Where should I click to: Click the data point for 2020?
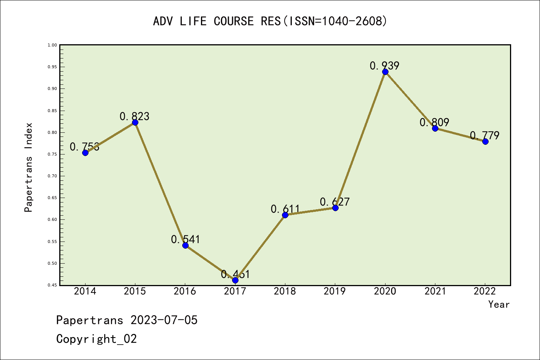[385, 72]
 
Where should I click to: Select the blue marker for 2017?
[235, 280]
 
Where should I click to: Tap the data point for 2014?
[85, 153]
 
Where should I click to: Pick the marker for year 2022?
[485, 141]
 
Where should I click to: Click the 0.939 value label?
[384, 66]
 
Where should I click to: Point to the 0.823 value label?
[134, 116]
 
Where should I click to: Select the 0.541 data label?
[185, 239]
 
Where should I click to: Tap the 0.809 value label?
[434, 122]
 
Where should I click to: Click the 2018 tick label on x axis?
[285, 291]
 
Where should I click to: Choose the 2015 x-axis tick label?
[135, 291]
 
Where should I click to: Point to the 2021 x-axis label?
[435, 291]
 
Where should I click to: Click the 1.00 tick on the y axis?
[52, 45]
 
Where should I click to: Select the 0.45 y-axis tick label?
[52, 285]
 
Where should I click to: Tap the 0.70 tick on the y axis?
[52, 176]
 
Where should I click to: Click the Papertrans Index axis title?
[28, 167]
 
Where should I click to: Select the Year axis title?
[499, 304]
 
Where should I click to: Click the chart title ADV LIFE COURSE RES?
[270, 21]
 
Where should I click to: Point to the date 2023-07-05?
[164, 320]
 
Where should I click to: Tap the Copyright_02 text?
[96, 339]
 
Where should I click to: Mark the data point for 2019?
[335, 208]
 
